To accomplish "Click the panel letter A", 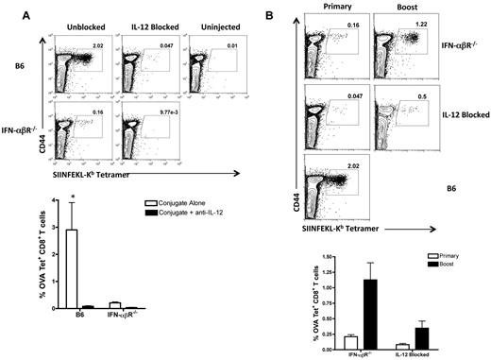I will pos(8,8).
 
